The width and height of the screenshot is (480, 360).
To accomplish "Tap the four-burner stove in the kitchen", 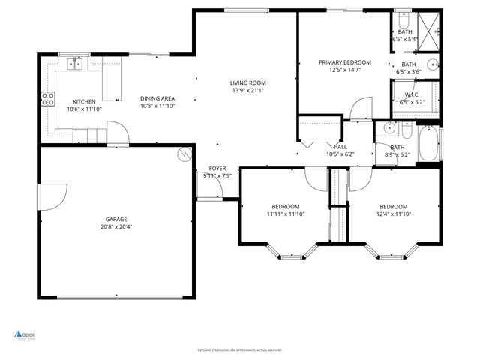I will click(x=47, y=97).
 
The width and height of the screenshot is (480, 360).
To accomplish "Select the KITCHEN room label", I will click(x=83, y=101).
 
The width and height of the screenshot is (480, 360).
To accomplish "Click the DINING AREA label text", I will click(x=157, y=98).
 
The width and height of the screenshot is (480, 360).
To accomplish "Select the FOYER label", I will click(x=217, y=169).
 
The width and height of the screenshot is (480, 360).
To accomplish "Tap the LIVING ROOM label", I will click(x=247, y=82).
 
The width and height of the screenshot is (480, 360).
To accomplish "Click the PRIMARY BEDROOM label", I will click(x=345, y=62).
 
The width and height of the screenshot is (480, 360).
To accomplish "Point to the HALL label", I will click(x=340, y=147).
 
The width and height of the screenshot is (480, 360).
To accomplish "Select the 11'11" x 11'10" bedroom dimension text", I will click(x=285, y=214).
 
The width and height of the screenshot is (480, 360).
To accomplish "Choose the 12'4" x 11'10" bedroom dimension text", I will click(x=393, y=214).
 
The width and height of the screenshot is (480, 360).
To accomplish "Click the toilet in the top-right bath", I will click(x=403, y=19).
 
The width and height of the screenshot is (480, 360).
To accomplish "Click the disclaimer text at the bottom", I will click(x=239, y=349).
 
